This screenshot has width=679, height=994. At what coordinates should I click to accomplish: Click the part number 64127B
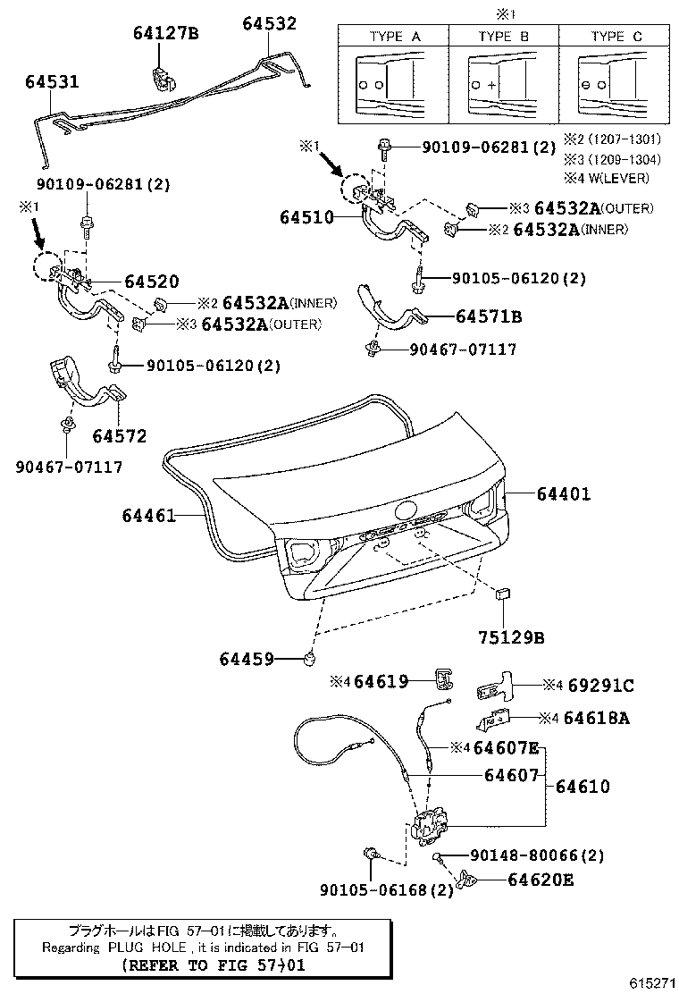pyautogui.click(x=165, y=34)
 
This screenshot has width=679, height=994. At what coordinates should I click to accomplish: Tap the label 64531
pyautogui.click(x=52, y=82)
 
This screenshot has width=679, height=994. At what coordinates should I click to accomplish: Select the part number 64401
pyautogui.click(x=564, y=493)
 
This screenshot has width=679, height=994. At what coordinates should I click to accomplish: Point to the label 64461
pyautogui.click(x=150, y=516)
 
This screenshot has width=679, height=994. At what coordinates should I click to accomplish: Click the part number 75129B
pyautogui.click(x=510, y=638)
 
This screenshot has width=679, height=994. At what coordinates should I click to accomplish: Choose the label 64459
pyautogui.click(x=247, y=659)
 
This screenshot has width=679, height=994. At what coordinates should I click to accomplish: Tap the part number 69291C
pyautogui.click(x=600, y=686)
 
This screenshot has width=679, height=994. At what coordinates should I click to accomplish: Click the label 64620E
pyautogui.click(x=540, y=880)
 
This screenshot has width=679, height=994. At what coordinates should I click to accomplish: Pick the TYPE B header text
pyautogui.click(x=503, y=37)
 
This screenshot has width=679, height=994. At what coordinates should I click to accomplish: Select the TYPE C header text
pyautogui.click(x=616, y=37)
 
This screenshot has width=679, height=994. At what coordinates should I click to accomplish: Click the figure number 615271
pyautogui.click(x=651, y=981)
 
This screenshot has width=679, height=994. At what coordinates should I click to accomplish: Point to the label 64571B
pyautogui.click(x=489, y=316)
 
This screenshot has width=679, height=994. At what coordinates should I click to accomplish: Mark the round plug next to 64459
pyautogui.click(x=310, y=659)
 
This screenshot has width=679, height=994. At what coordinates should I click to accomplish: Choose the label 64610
pyautogui.click(x=583, y=787)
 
